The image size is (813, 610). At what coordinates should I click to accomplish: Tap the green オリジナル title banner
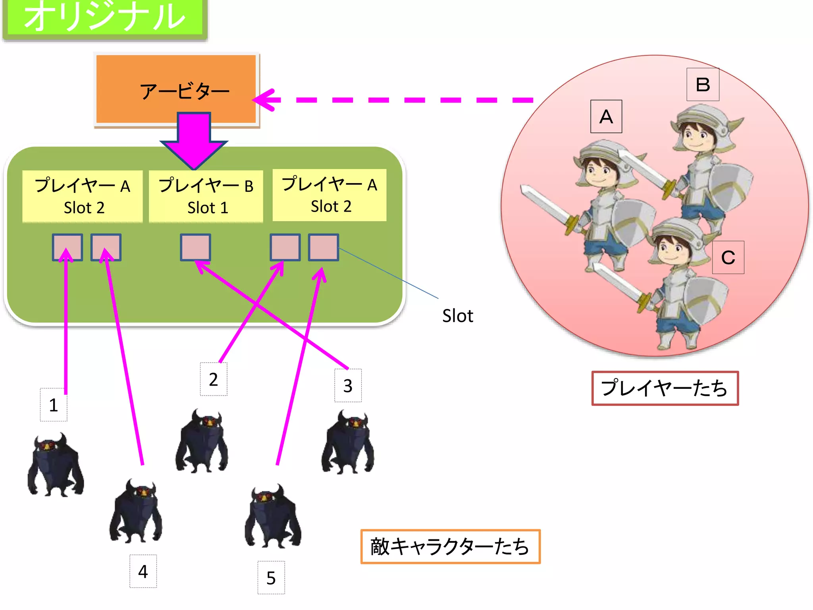pos(105,17)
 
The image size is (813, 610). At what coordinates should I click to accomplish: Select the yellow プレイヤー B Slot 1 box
pos(206,196)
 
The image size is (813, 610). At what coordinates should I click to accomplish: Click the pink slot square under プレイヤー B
pos(195,247)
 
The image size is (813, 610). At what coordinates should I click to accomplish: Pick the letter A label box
pos(606,116)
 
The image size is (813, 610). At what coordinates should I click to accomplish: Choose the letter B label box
pos(703,85)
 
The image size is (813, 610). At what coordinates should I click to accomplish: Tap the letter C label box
pos(728,257)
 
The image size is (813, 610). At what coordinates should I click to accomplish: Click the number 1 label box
pos(54,405)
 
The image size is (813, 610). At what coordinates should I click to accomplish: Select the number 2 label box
pos(214,379)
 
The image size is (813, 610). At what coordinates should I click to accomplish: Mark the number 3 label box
pos(348,386)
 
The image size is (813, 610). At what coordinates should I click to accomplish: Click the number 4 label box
pos(143,571)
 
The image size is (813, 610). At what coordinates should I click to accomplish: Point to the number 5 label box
pos(271,578)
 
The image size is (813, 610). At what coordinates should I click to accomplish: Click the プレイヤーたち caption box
pos(665,388)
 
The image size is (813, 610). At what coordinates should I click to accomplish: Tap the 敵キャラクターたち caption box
pos(450,546)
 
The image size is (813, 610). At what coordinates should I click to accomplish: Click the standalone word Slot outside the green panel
pos(458,316)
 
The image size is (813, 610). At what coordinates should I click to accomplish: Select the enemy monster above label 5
pos(273,516)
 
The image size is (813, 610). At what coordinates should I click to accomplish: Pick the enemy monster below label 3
pos(348,443)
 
